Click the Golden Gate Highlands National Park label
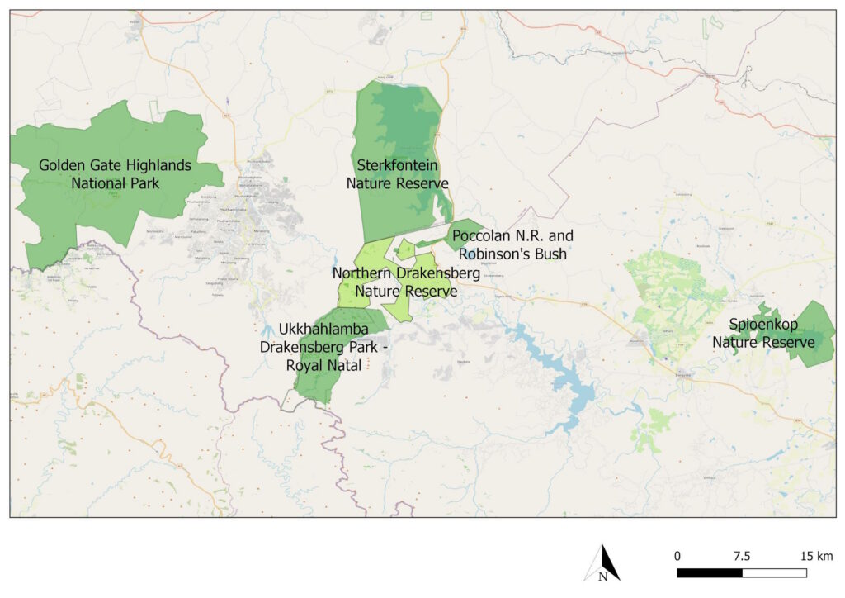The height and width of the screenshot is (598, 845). coord(115,174)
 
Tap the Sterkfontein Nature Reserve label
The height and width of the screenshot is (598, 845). coord(397,174)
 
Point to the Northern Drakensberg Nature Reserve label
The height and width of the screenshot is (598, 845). coord(394,281)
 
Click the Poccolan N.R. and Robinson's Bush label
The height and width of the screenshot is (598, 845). coord(512,244)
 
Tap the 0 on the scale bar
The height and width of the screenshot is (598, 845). coord(677,555)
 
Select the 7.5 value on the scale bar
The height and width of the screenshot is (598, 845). coord(741,555)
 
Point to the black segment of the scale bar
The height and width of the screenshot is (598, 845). coord(709,572)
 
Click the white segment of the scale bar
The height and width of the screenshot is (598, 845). coord(774,572)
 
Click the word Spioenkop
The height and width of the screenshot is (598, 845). coord(763,325)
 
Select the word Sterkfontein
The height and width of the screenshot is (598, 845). coord(397,166)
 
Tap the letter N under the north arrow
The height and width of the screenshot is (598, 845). coord(602,577)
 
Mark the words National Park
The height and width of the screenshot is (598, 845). coord(115,183)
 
